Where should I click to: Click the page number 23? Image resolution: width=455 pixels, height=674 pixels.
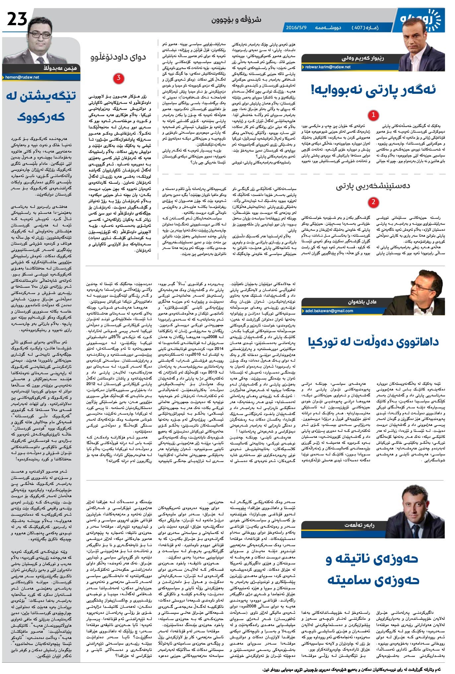coord(17,20)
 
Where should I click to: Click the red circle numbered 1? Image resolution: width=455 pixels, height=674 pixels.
coord(373,115)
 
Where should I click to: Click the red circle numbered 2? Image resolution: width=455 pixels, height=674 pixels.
coord(373,202)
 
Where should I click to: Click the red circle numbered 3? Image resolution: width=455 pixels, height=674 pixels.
coord(118,78)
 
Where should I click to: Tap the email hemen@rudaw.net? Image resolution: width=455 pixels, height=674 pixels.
coord(22,77)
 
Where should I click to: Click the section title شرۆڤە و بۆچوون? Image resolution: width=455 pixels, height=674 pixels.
coord(236,20)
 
